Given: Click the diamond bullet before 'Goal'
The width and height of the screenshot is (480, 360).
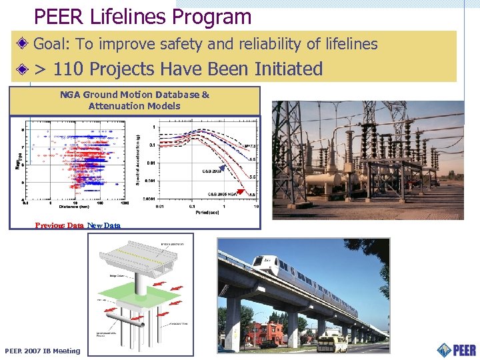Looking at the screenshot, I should coord(23,45).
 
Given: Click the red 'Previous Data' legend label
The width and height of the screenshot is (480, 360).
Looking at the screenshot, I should coord(59,225).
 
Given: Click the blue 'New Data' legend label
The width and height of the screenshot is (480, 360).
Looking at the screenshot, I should coord(104,225).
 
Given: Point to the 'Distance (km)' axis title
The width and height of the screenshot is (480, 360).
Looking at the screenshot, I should coord(74,206).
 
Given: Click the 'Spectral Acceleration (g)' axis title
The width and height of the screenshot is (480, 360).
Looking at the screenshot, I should coord(138,161).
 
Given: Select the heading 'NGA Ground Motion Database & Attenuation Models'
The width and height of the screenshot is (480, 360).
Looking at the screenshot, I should coord(135,100).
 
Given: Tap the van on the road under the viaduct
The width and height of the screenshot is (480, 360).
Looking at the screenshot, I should coord(331,343).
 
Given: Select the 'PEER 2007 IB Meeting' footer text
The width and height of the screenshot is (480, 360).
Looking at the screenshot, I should coord(42,351).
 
